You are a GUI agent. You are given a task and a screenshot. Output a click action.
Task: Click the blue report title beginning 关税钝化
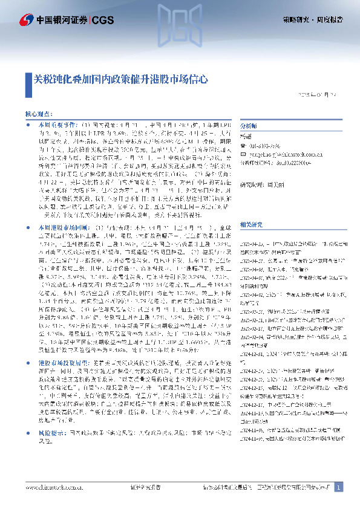coord(121,79)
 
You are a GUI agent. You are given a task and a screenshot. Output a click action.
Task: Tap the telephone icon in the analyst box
coord(243,145)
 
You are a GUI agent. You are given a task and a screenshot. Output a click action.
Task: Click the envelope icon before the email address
coord(243,154)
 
